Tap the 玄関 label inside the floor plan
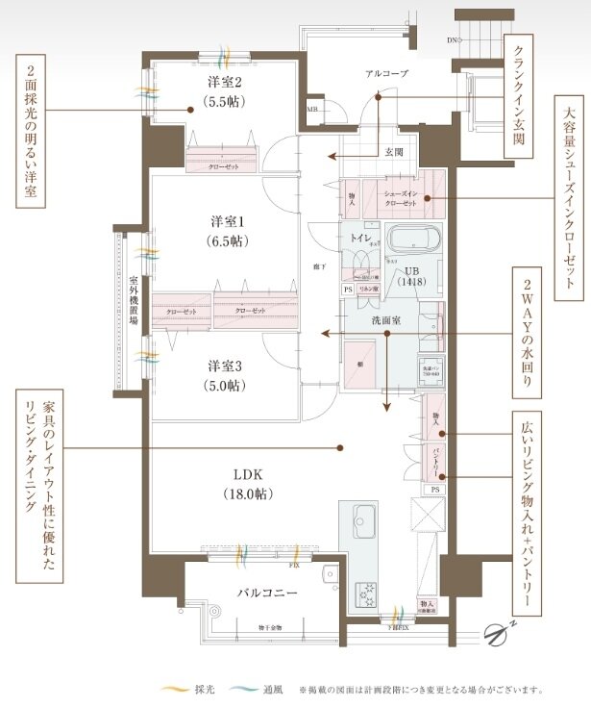[394, 152]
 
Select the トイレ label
[362, 237]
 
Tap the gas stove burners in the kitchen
[367, 594]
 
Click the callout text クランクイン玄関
[519, 96]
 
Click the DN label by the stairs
[453, 41]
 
